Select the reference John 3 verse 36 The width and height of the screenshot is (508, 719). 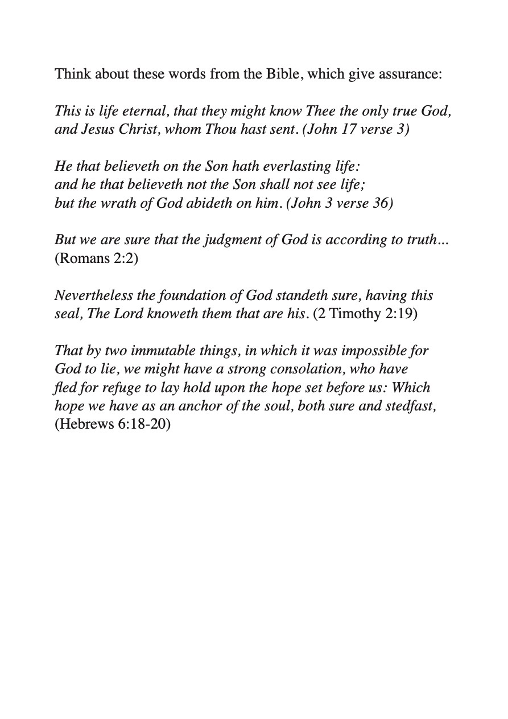[x=340, y=203]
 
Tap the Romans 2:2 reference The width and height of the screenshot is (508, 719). [x=96, y=258]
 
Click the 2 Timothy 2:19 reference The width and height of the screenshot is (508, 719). [x=365, y=314]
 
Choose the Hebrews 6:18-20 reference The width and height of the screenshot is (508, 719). [x=113, y=425]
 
